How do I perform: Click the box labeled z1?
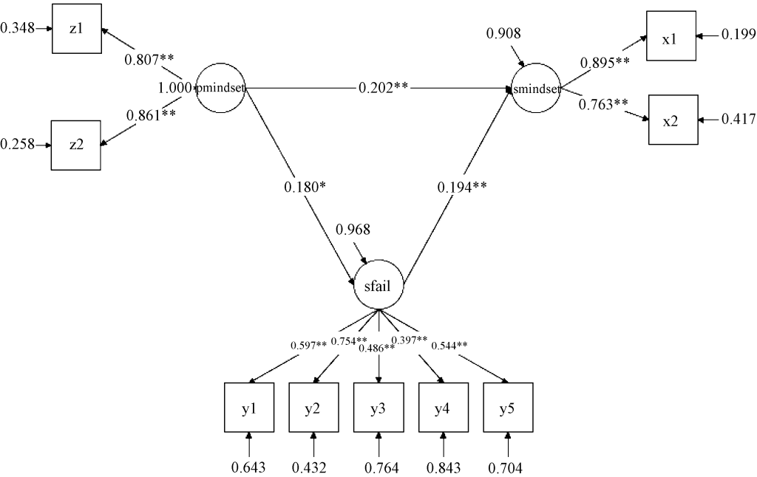click(x=76, y=30)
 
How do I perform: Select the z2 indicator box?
click(x=76, y=145)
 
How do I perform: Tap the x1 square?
click(x=671, y=35)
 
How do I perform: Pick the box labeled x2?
click(x=671, y=120)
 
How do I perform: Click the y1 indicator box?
click(x=249, y=408)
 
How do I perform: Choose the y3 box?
click(x=378, y=408)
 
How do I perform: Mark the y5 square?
click(x=508, y=408)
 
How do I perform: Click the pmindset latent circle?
click(x=221, y=89)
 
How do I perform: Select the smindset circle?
click(x=536, y=89)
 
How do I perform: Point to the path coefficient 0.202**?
click(x=384, y=88)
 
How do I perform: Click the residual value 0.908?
click(x=503, y=34)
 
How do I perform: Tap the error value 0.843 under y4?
click(x=444, y=467)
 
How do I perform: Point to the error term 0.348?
click(x=17, y=30)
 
